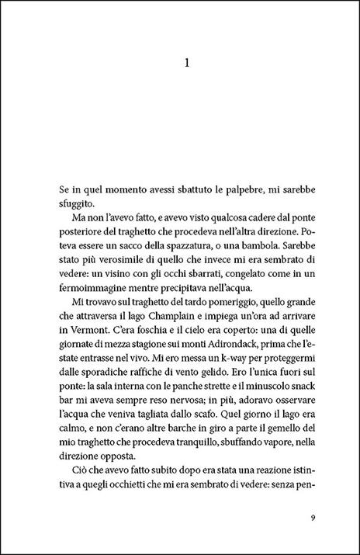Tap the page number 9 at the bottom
(x=310, y=519)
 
